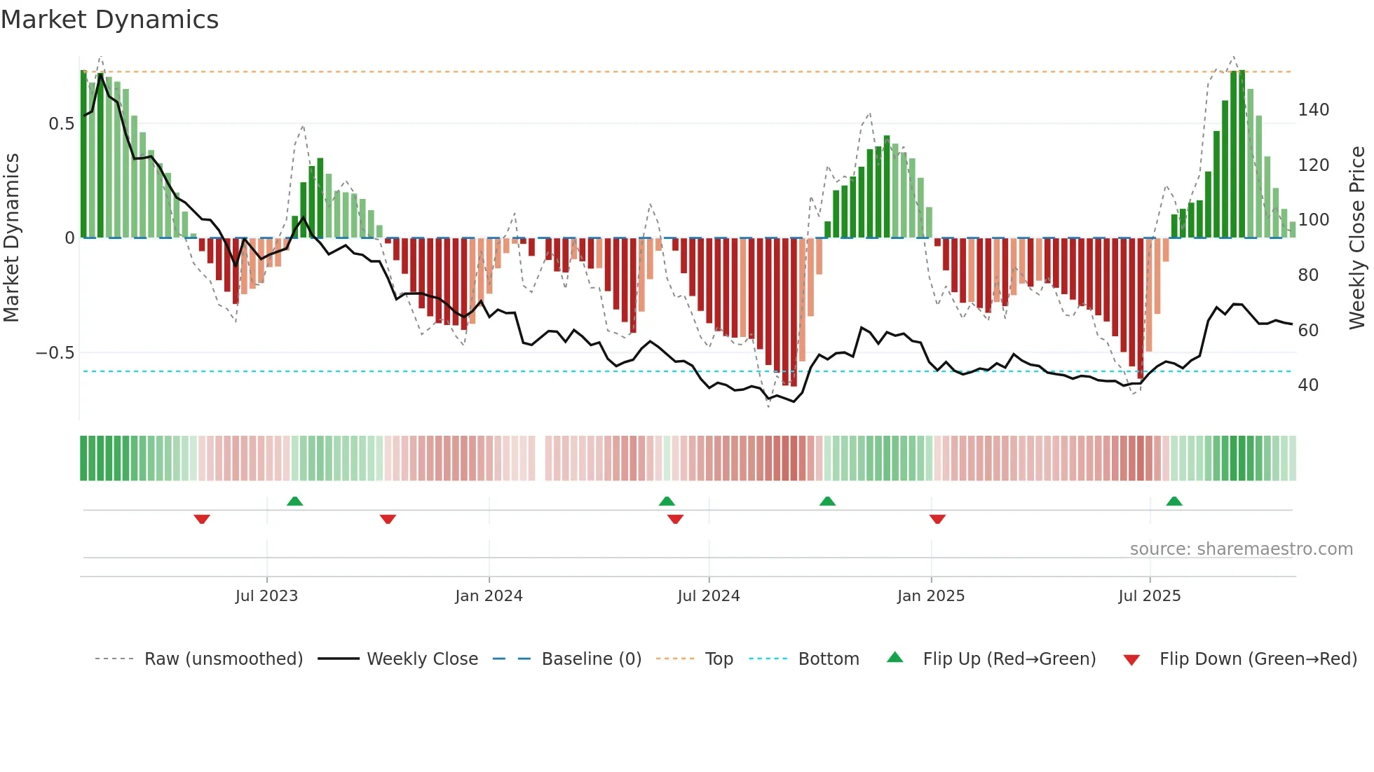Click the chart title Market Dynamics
tap(110, 20)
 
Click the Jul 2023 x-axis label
tap(266, 596)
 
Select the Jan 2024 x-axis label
tap(489, 596)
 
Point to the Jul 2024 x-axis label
tap(708, 596)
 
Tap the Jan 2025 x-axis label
tap(930, 596)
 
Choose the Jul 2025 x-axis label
tap(1149, 596)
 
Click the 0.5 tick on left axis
tap(61, 124)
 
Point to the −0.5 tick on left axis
tap(55, 353)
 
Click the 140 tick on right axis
tap(1313, 110)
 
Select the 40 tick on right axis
tap(1307, 385)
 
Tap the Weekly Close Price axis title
tap(1357, 237)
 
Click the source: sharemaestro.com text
tap(1241, 549)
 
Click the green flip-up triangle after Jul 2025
tap(1174, 502)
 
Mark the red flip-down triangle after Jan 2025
tap(937, 519)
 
